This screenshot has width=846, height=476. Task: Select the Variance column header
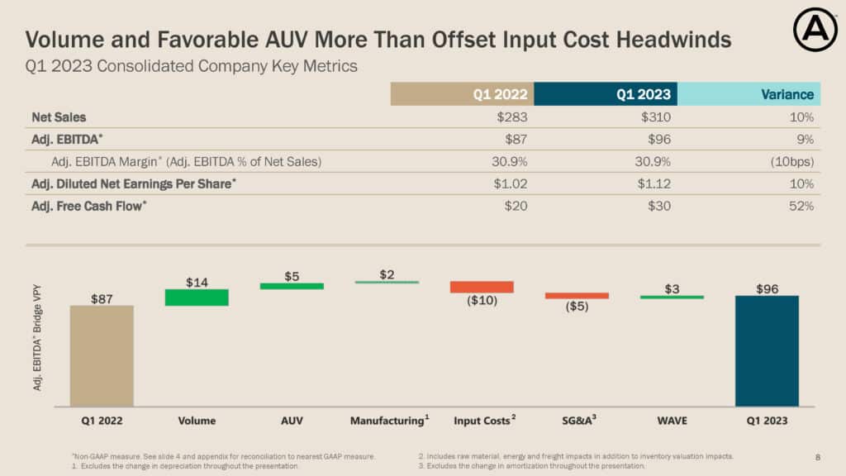tap(749, 94)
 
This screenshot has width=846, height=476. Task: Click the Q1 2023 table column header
tap(606, 94)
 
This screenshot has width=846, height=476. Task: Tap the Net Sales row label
tap(59, 117)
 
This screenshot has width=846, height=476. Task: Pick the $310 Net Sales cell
tap(655, 117)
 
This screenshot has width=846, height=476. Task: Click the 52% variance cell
tap(801, 206)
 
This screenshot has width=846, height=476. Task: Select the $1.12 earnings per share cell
tap(653, 183)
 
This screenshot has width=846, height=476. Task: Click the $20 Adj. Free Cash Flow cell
tap(516, 206)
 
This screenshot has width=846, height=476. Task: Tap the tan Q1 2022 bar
tap(102, 355)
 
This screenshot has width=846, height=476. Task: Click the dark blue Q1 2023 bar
tap(767, 350)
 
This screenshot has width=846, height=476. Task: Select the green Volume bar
tap(197, 297)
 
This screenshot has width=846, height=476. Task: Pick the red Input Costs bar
tap(482, 287)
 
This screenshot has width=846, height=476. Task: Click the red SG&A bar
tap(577, 295)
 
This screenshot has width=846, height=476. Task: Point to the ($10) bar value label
tap(482, 301)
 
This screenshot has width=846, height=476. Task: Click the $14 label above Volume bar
tap(197, 282)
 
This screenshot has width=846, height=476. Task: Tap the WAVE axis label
tap(672, 421)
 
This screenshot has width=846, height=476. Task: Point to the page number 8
tap(818, 456)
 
